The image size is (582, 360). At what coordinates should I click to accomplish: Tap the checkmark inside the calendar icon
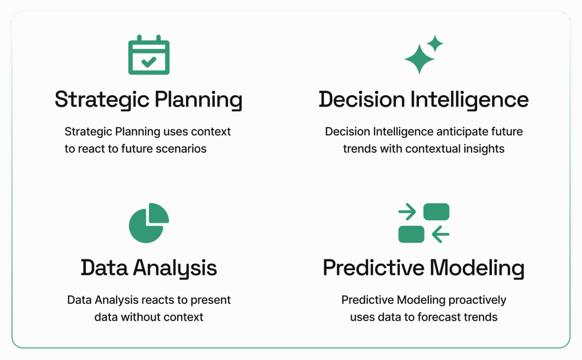(x=149, y=62)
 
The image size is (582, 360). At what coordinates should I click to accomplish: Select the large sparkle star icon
(x=420, y=59)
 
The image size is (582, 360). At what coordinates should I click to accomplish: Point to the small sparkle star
(x=435, y=43)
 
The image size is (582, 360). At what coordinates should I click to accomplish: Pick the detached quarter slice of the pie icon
(x=159, y=213)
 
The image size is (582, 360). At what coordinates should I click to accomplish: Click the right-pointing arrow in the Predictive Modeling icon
(x=407, y=212)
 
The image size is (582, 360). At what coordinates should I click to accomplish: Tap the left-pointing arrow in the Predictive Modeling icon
(x=441, y=234)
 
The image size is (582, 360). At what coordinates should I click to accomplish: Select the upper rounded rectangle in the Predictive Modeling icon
(x=436, y=212)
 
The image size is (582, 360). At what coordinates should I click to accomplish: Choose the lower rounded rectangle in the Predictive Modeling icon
(x=411, y=234)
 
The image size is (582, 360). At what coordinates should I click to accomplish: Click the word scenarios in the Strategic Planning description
(x=181, y=149)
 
